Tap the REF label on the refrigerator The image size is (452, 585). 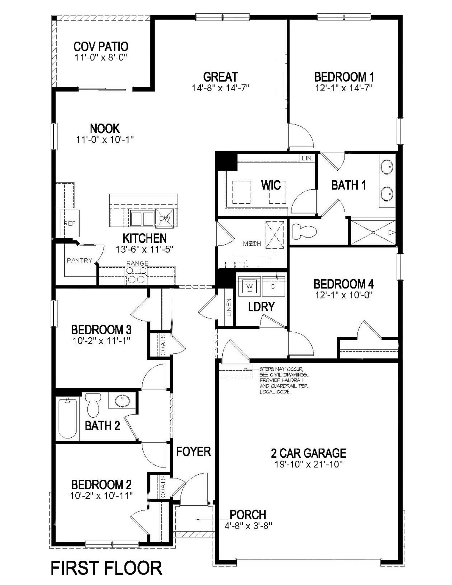pos(69,223)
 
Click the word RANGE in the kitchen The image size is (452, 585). pos(137,263)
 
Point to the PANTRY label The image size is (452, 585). pos(79,260)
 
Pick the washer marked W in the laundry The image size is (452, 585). pos(250,287)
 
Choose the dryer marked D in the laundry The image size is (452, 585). pos(273,287)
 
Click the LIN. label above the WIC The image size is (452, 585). pos(307,158)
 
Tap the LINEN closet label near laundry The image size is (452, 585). pos(229,308)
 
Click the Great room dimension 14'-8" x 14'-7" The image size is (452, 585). pos(220,88)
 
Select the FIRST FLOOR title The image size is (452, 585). pos(106,568)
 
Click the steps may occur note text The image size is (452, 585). pos(283,380)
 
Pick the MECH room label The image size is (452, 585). pos(252,244)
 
